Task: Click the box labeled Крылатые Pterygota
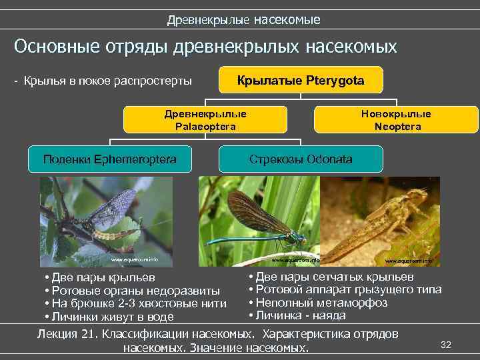301,80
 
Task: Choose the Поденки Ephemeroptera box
109,159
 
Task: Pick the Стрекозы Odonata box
301,159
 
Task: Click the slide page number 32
446,344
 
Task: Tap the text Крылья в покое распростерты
107,81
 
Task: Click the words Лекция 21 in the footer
67,333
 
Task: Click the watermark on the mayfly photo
134,259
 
